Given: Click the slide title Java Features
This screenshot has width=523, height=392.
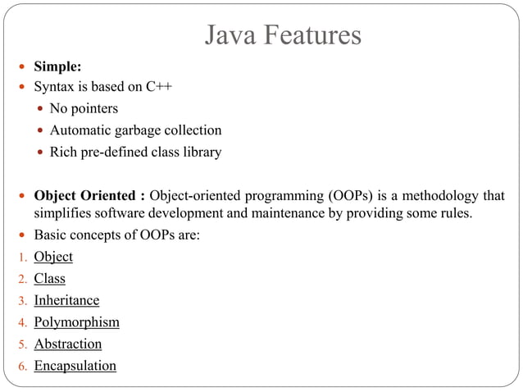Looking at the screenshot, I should (x=282, y=35).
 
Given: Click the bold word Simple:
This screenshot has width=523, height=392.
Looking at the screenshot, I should (x=57, y=66).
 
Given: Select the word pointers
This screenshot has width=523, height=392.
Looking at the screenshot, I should (x=94, y=108).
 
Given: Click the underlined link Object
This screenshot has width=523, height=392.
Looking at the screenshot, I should (x=53, y=257).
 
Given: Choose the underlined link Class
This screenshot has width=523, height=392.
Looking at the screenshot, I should (x=49, y=279).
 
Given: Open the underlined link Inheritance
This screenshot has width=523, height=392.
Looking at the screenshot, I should (x=66, y=300).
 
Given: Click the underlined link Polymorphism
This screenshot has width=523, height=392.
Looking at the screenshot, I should (x=76, y=322).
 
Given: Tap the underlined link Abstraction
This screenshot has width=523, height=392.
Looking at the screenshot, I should (x=67, y=344).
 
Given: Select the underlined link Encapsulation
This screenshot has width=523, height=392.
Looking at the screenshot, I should (x=75, y=366).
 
